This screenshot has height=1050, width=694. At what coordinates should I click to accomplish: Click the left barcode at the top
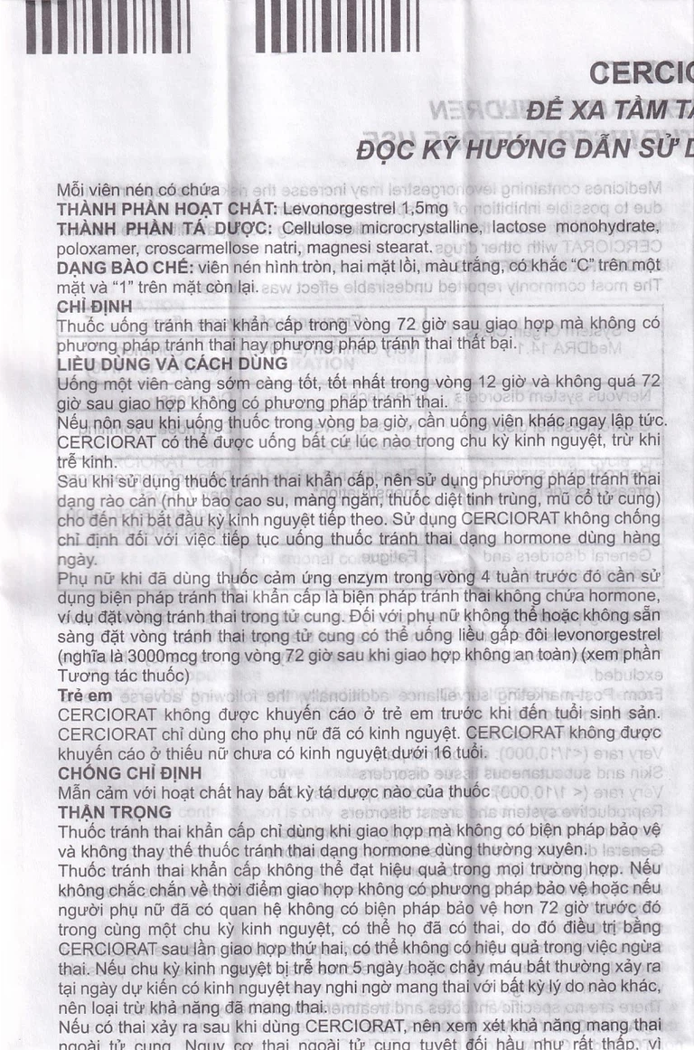click(108, 26)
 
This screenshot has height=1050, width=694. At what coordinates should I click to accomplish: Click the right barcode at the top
click(337, 26)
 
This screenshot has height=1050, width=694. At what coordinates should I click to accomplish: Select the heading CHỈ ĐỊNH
click(94, 307)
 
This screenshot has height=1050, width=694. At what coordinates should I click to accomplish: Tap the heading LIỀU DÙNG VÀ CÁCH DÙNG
click(172, 364)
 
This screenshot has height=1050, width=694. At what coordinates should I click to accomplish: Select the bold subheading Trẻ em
click(85, 695)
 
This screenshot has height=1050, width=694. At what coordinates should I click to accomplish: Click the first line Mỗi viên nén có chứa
click(137, 189)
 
